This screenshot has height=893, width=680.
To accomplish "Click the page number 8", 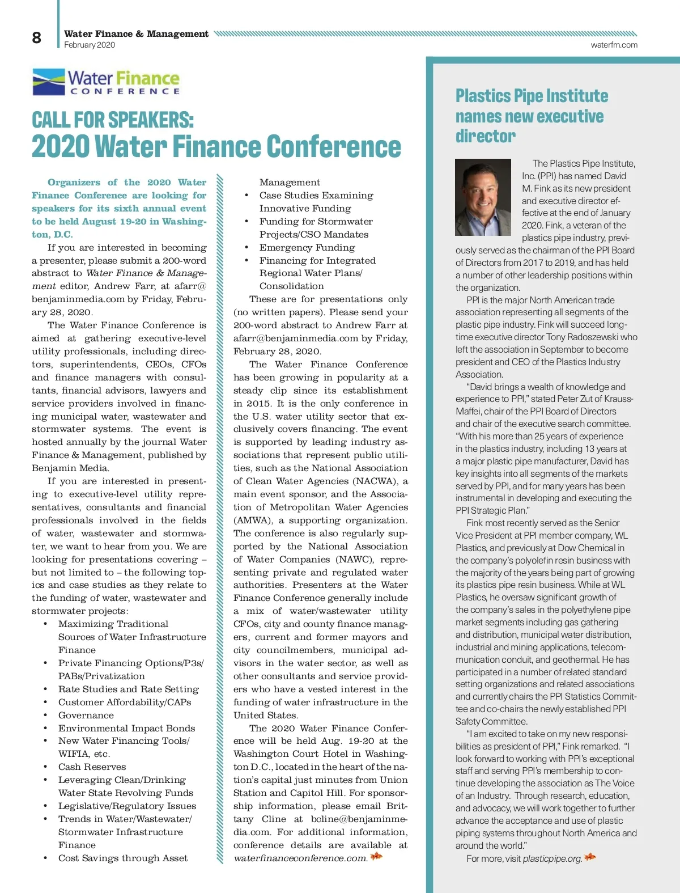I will (x=36, y=38).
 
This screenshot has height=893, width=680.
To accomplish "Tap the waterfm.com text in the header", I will (x=614, y=45).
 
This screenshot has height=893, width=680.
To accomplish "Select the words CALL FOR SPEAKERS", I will (x=113, y=120).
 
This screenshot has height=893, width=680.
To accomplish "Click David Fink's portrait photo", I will (x=483, y=197).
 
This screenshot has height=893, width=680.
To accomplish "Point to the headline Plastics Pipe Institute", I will (x=532, y=96).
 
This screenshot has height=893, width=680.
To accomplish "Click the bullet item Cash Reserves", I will (x=92, y=767).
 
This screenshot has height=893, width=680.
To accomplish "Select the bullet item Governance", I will (x=86, y=715).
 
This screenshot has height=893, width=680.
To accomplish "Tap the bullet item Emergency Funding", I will (x=307, y=247).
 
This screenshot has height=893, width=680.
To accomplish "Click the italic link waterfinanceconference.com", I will (x=300, y=858).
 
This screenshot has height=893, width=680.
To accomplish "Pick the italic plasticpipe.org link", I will (x=552, y=858).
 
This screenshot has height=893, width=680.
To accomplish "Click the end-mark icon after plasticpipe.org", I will (x=590, y=857).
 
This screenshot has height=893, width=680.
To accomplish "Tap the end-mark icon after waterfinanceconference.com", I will (x=376, y=856).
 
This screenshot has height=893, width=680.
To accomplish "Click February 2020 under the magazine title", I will (x=90, y=45).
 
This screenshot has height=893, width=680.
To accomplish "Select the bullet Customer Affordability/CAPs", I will (x=125, y=702).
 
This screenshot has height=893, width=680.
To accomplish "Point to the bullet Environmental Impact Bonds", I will (x=126, y=728).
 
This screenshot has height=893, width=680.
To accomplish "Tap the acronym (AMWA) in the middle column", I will (x=253, y=520).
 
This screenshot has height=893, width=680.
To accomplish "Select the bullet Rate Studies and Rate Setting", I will (x=129, y=689).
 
